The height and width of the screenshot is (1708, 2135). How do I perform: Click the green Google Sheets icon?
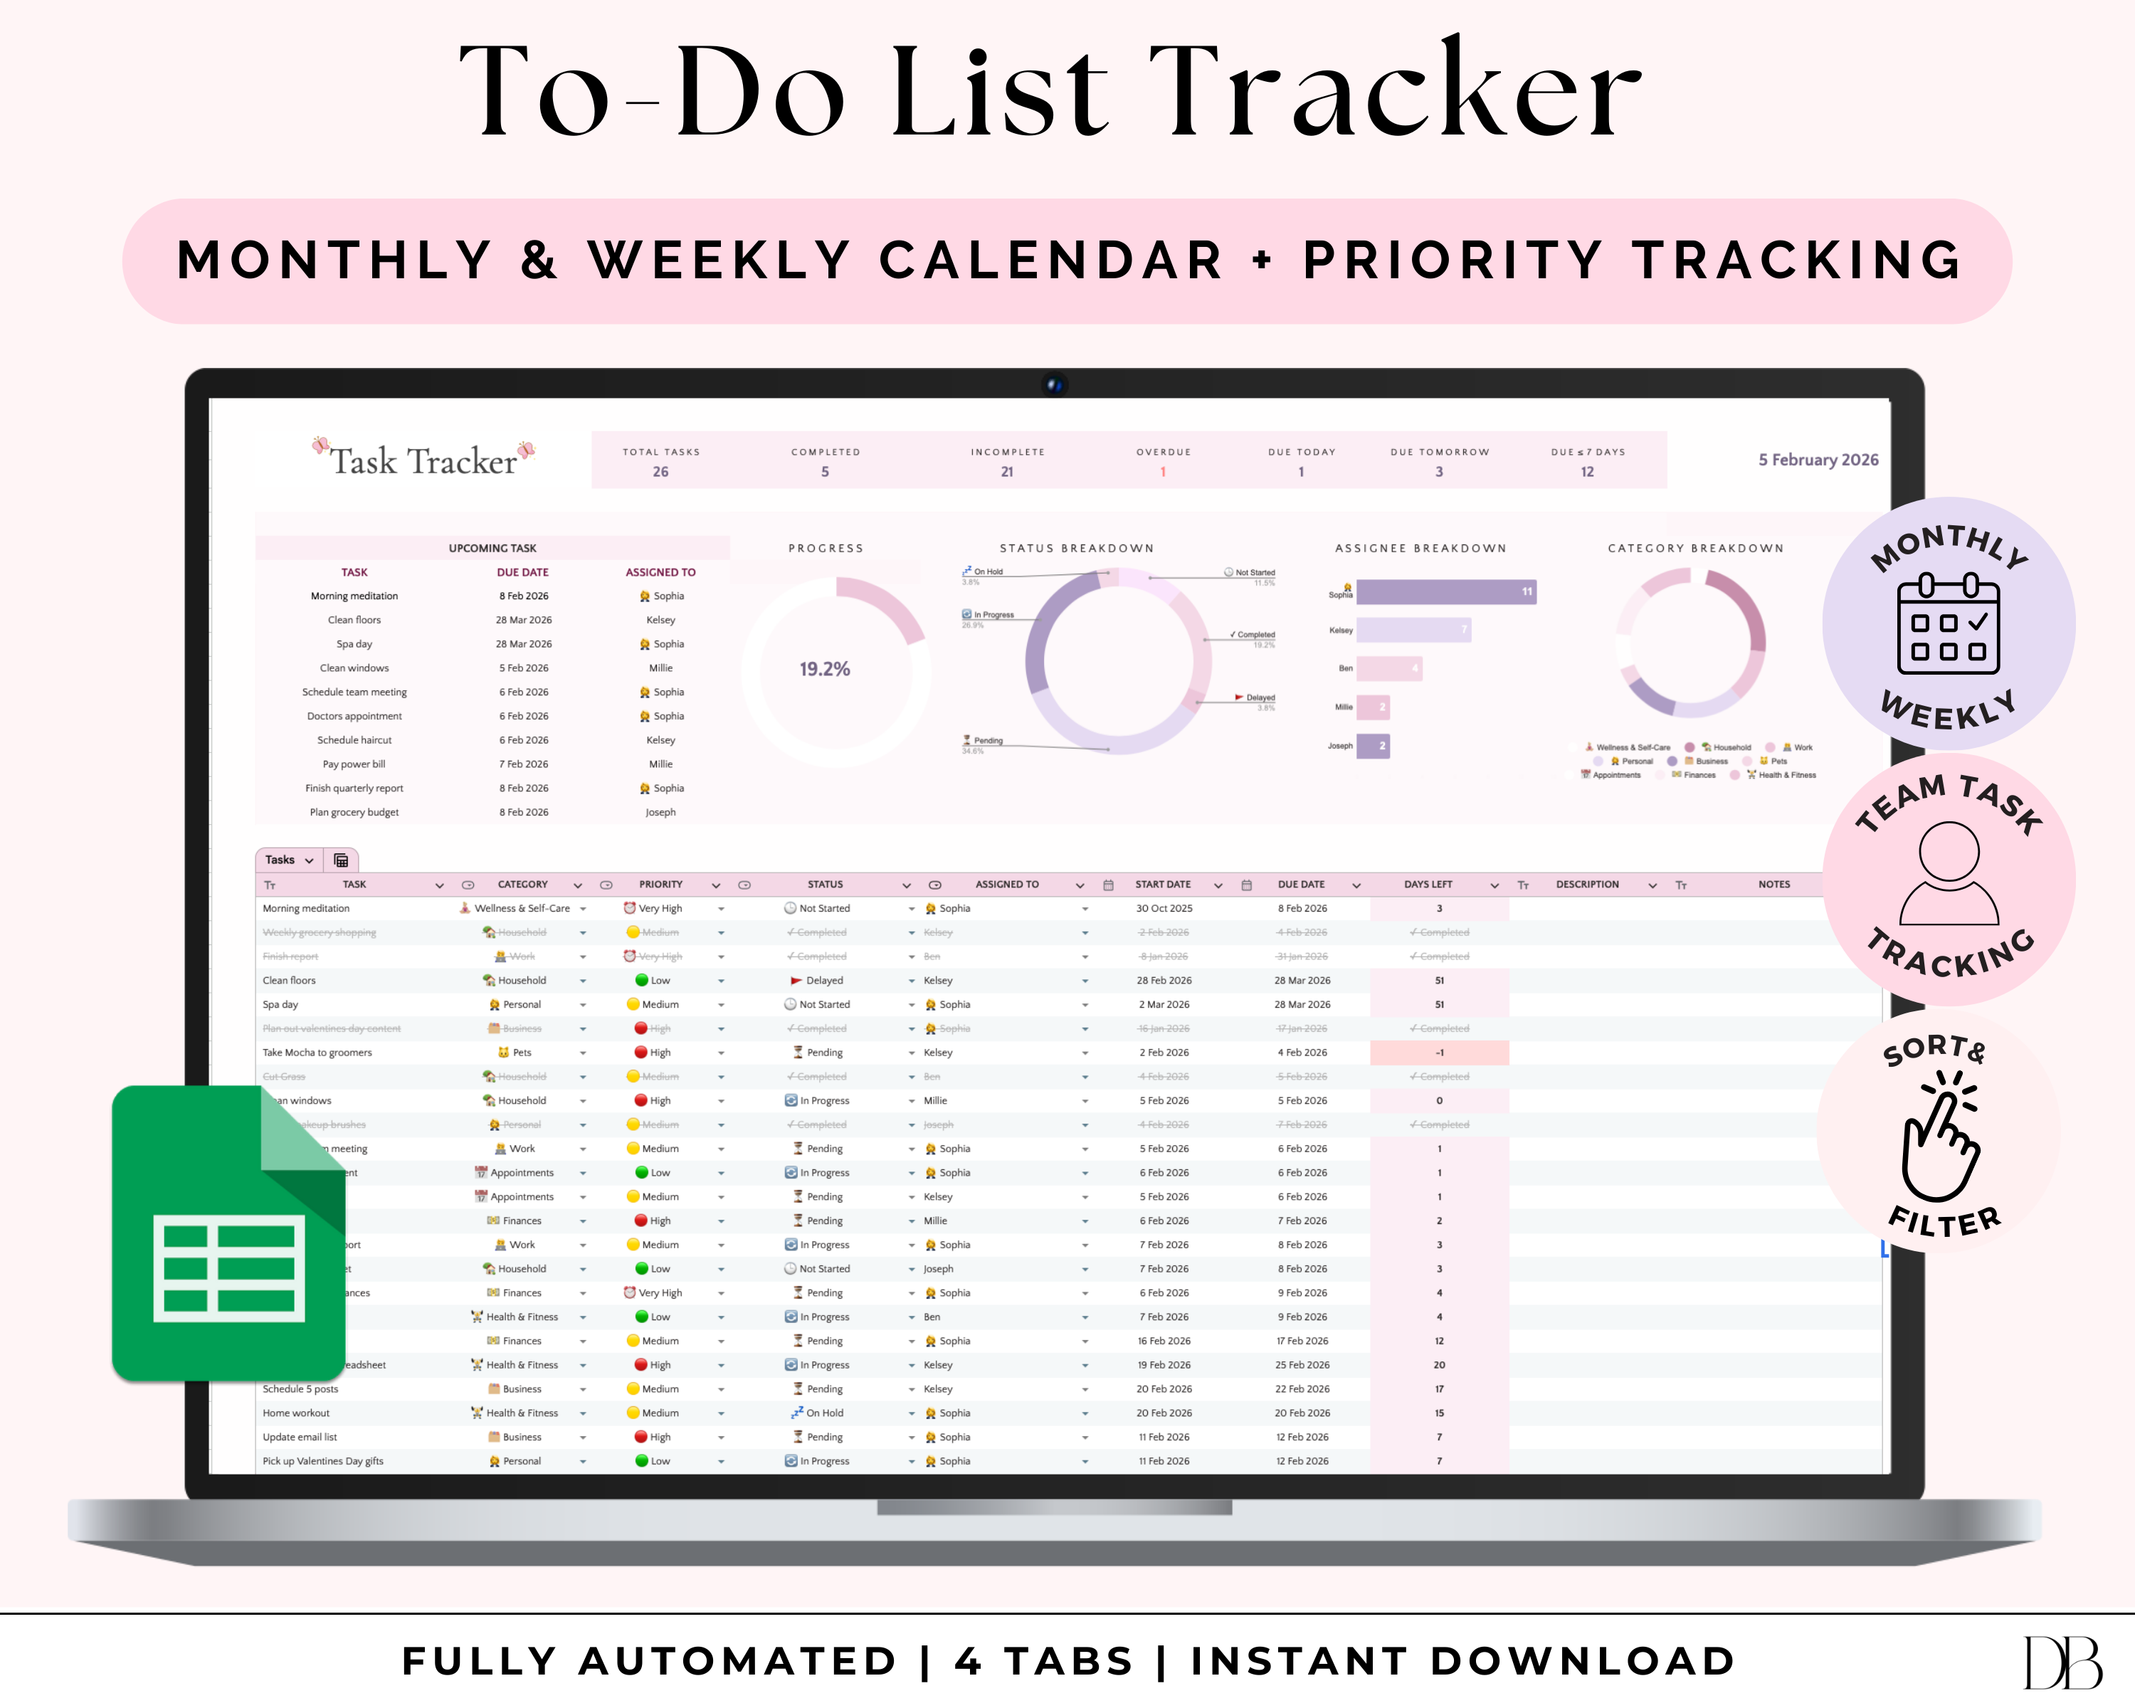[x=228, y=1233]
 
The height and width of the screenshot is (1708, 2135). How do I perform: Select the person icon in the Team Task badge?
[x=1948, y=873]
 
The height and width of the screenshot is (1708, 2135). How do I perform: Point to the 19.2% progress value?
[x=824, y=670]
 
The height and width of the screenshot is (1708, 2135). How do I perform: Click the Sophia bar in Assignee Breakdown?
[x=1446, y=592]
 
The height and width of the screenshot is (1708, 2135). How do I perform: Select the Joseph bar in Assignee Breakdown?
[x=1373, y=746]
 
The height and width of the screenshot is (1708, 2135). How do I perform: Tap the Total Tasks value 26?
[x=660, y=473]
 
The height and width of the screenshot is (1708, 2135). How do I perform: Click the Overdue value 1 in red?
[x=1163, y=473]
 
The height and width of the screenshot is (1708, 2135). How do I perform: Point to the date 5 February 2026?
[x=1818, y=460]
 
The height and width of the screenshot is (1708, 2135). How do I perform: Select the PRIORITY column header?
[x=660, y=884]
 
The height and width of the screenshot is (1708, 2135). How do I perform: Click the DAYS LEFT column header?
[x=1428, y=884]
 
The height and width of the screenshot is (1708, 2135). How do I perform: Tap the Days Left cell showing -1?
[x=1439, y=1053]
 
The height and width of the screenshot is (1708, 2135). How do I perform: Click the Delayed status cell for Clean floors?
[x=824, y=980]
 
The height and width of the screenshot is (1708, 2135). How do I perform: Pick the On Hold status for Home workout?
[x=824, y=1413]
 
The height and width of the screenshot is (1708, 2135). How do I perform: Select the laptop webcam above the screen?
[x=1054, y=384]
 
